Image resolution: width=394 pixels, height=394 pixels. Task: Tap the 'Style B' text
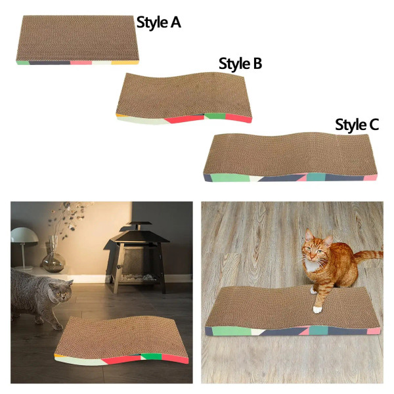(x=240, y=64)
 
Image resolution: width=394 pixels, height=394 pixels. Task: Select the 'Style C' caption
(x=357, y=124)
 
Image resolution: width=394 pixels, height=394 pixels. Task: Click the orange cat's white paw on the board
(x=317, y=308)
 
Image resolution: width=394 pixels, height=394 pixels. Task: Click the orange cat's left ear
(x=307, y=234)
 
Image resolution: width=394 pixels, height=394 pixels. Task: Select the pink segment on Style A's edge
(x=81, y=63)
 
